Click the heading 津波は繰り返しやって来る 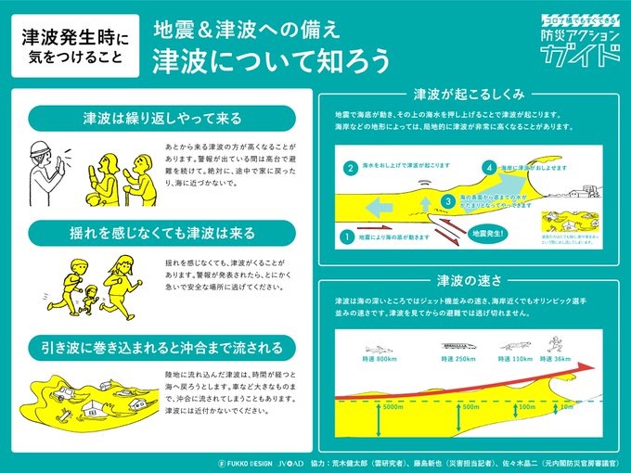[x=162, y=119]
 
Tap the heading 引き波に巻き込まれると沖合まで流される [x=162, y=348]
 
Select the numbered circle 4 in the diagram [x=489, y=168]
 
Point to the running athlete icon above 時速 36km [x=553, y=343]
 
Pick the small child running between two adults [x=89, y=299]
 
